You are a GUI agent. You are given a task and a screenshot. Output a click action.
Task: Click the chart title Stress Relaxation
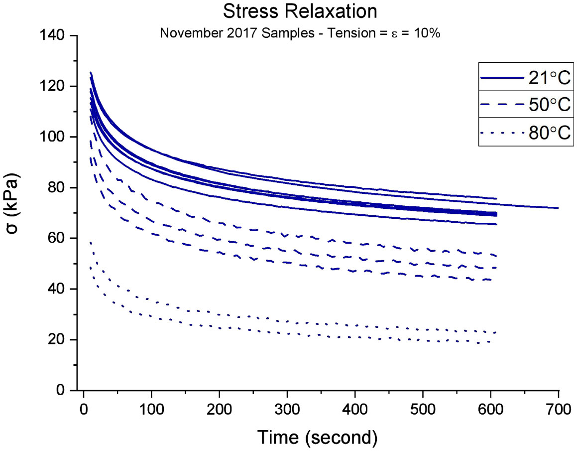(293, 11)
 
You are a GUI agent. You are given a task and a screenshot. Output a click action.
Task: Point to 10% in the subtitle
(426, 34)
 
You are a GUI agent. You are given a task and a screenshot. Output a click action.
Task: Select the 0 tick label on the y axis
(67, 390)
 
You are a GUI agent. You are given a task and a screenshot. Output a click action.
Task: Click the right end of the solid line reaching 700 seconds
(558, 208)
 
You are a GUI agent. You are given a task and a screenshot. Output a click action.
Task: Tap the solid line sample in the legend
(501, 78)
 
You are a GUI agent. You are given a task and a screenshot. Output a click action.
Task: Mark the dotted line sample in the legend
(501, 133)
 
